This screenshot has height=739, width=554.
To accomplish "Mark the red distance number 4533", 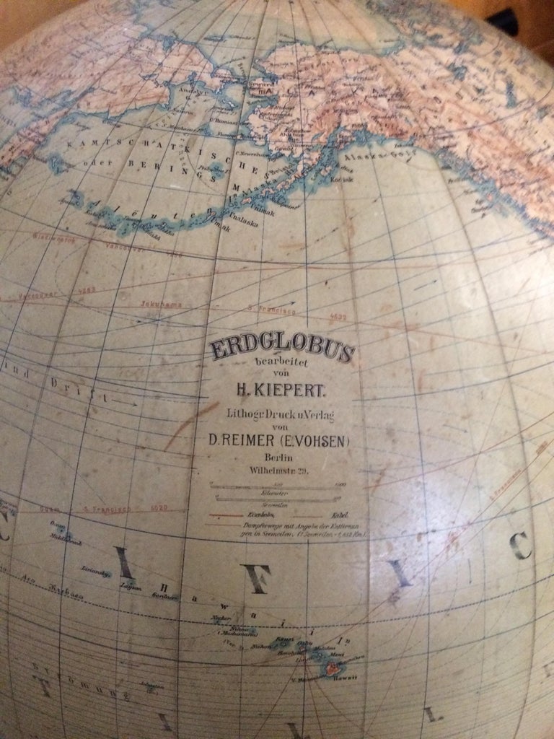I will [x=337, y=315].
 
